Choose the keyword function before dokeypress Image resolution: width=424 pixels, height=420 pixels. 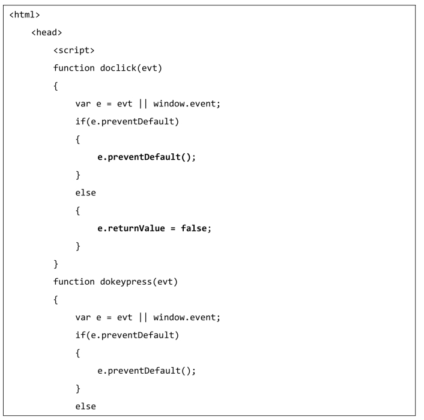pos(74,281)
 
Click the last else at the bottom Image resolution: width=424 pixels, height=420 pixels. pos(85,406)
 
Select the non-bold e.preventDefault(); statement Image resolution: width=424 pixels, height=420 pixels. pos(147,370)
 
